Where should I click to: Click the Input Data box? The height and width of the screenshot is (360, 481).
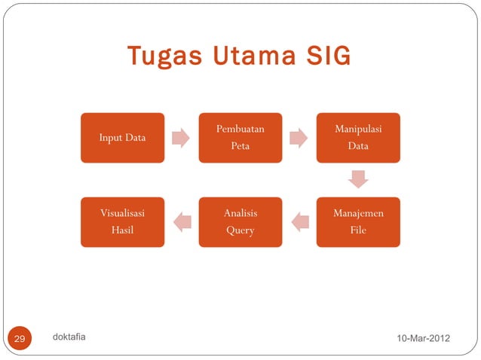pyautogui.click(x=123, y=138)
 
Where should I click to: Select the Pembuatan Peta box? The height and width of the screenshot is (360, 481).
pyautogui.click(x=240, y=138)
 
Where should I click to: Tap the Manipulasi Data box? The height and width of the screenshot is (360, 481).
pyautogui.click(x=358, y=138)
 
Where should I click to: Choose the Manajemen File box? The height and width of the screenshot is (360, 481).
pyautogui.click(x=358, y=222)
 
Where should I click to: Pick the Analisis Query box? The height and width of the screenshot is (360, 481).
pyautogui.click(x=240, y=222)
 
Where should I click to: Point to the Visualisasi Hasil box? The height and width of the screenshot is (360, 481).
pyautogui.click(x=123, y=222)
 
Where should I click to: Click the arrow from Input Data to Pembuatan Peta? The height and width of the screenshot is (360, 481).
pyautogui.click(x=181, y=138)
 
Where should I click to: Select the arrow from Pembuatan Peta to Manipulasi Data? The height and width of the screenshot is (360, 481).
pyautogui.click(x=299, y=138)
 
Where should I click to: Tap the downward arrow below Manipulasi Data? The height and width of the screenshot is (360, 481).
pyautogui.click(x=358, y=179)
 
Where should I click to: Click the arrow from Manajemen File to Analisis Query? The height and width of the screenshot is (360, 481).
pyautogui.click(x=299, y=221)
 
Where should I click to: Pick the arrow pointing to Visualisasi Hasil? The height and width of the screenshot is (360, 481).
pyautogui.click(x=182, y=221)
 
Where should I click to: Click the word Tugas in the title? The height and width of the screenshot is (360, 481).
pyautogui.click(x=155, y=57)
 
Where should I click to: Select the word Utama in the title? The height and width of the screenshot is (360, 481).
pyautogui.click(x=240, y=57)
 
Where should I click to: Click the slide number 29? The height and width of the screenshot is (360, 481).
pyautogui.click(x=20, y=340)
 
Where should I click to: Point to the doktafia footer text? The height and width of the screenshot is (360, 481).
pyautogui.click(x=69, y=337)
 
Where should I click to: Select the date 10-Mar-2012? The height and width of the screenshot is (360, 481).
pyautogui.click(x=423, y=340)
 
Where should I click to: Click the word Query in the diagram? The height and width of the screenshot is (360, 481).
pyautogui.click(x=240, y=230)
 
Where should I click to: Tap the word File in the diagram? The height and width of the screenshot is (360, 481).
pyautogui.click(x=358, y=230)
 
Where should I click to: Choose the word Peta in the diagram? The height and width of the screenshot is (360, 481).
pyautogui.click(x=240, y=146)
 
